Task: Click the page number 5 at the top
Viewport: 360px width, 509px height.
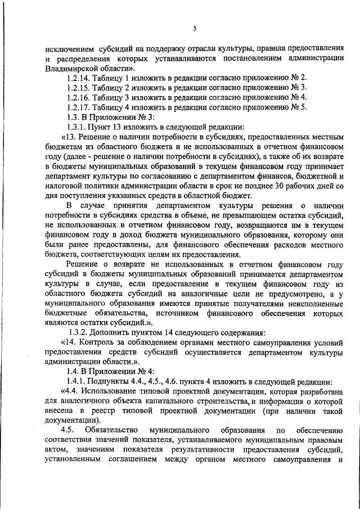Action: coord(195,29)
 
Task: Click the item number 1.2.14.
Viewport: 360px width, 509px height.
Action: coord(79,77)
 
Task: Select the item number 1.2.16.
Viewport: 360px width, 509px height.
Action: coord(79,97)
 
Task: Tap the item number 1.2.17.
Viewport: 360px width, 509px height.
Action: coord(79,107)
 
